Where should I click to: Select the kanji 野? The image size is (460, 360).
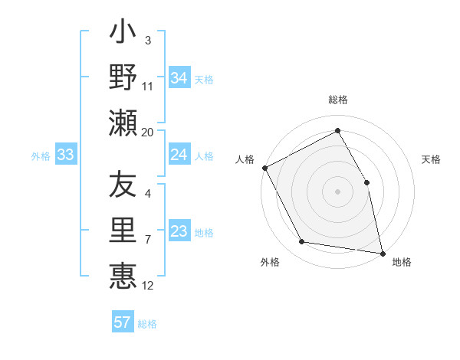[x=123, y=77]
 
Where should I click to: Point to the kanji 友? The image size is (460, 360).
[x=123, y=185]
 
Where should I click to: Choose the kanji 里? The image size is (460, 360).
[x=123, y=230]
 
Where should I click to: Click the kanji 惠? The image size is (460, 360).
[x=123, y=273]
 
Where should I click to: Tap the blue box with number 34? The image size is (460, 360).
[x=179, y=77]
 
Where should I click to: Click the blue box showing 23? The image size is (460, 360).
[x=179, y=232]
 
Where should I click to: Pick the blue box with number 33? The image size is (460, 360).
[x=65, y=155]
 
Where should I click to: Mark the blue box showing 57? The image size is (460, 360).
[x=123, y=322]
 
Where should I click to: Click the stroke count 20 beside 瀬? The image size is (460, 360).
[x=147, y=132]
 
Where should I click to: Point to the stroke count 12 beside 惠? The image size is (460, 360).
[x=147, y=286]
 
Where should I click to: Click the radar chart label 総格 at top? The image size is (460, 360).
[x=337, y=100]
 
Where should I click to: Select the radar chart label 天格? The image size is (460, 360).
[x=431, y=159]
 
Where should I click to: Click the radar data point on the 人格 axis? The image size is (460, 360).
[x=264, y=167]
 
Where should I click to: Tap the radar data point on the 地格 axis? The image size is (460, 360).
[x=382, y=253]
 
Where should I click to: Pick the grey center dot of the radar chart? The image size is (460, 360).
[x=337, y=191]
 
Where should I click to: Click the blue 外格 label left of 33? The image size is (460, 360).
[x=41, y=156]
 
